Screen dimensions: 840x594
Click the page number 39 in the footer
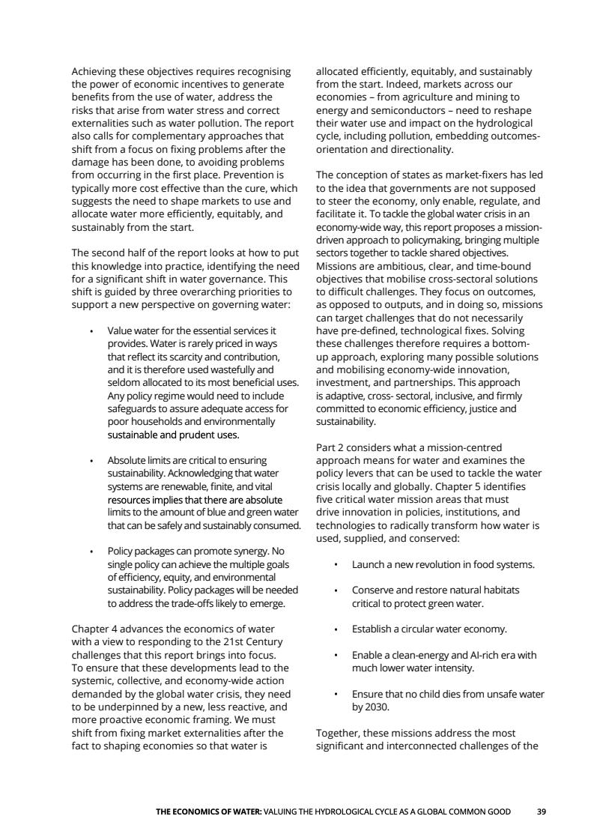click(542, 812)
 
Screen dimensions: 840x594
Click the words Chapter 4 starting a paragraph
click(95, 629)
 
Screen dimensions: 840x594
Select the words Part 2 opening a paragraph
click(332, 447)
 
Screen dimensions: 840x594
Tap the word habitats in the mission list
click(499, 590)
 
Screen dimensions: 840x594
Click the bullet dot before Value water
click(91, 330)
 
